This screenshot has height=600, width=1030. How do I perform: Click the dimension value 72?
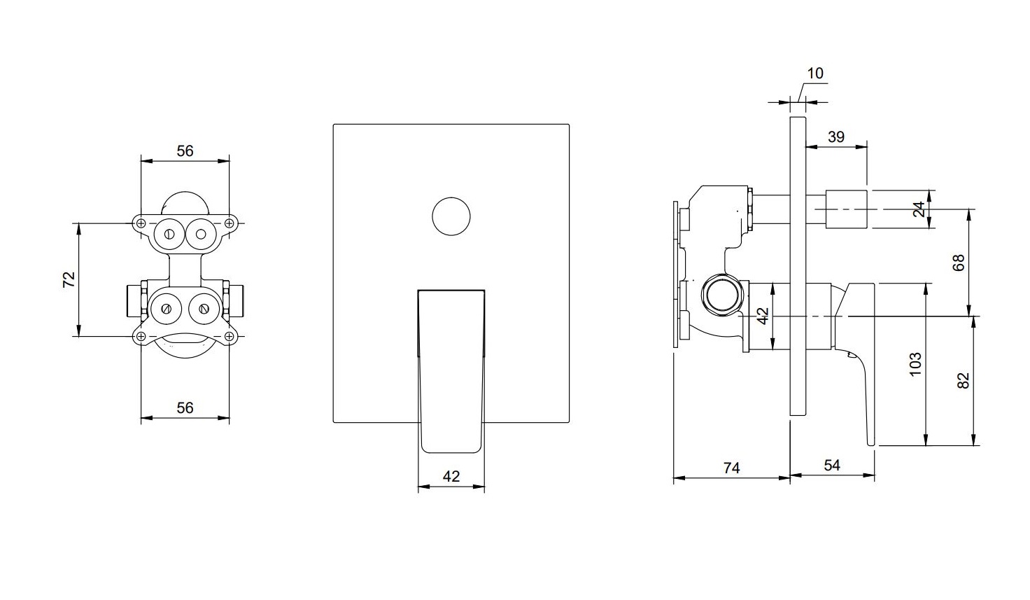pyautogui.click(x=69, y=279)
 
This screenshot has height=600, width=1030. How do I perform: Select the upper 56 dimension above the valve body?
pyautogui.click(x=185, y=151)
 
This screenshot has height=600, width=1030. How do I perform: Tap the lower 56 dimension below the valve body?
pyautogui.click(x=185, y=407)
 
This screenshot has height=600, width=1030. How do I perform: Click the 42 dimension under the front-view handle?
pyautogui.click(x=451, y=476)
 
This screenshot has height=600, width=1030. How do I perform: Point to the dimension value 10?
pyautogui.click(x=815, y=73)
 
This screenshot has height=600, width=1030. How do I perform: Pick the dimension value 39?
pyautogui.click(x=836, y=137)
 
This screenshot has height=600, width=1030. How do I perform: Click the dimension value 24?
pyautogui.click(x=918, y=210)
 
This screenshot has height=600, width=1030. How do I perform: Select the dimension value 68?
pyautogui.click(x=959, y=263)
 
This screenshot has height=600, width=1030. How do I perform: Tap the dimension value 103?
pyautogui.click(x=915, y=364)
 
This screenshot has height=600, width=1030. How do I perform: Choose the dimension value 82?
pyautogui.click(x=964, y=381)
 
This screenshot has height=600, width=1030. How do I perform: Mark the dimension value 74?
pyautogui.click(x=732, y=468)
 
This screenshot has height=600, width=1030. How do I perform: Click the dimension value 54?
pyautogui.click(x=832, y=466)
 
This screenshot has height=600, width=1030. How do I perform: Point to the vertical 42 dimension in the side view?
pyautogui.click(x=763, y=316)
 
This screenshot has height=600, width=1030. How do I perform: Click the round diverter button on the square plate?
pyautogui.click(x=451, y=216)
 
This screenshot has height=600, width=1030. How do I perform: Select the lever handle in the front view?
pyautogui.click(x=451, y=371)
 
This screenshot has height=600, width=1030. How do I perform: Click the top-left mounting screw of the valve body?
pyautogui.click(x=141, y=223)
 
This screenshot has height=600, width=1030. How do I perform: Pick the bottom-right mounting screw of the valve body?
pyautogui.click(x=229, y=337)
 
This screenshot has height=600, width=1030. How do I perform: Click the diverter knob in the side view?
pyautogui.click(x=846, y=209)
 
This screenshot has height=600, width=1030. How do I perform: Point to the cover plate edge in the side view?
pyautogui.click(x=798, y=267)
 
